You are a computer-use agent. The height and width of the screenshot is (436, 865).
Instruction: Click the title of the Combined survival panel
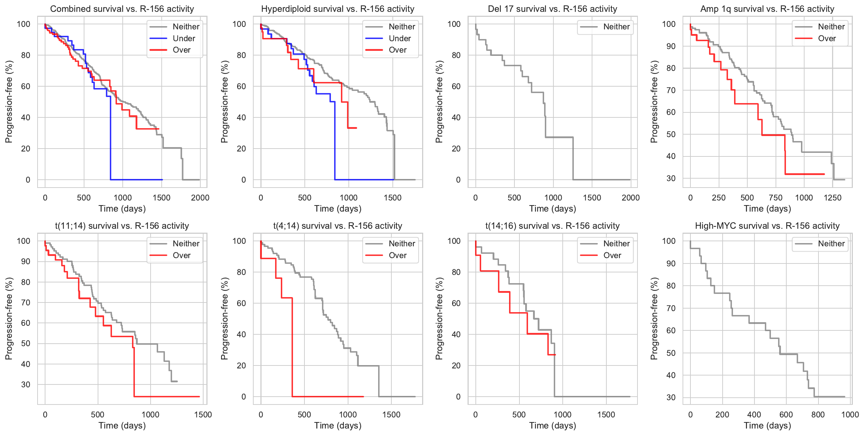(122, 9)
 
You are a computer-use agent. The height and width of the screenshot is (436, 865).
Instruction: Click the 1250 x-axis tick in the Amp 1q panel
(832, 198)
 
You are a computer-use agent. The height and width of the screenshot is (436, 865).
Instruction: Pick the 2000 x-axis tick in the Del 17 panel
(630, 198)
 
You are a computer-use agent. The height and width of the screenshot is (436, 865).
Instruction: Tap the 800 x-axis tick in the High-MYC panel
(818, 415)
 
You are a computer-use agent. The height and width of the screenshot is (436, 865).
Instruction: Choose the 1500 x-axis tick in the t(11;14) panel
(203, 415)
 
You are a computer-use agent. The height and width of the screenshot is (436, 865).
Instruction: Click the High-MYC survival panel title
(767, 226)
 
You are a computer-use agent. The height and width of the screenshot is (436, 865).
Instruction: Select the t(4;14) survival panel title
(338, 226)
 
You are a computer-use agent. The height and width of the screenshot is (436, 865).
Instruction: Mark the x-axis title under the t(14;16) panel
(552, 426)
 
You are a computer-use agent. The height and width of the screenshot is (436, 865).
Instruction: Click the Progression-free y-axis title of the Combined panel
(9, 102)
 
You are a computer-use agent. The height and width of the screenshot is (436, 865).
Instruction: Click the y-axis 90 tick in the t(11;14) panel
(26, 261)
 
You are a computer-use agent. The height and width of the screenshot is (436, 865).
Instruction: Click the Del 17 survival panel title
(552, 9)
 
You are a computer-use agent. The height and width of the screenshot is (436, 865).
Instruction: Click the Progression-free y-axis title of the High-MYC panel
(654, 319)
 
